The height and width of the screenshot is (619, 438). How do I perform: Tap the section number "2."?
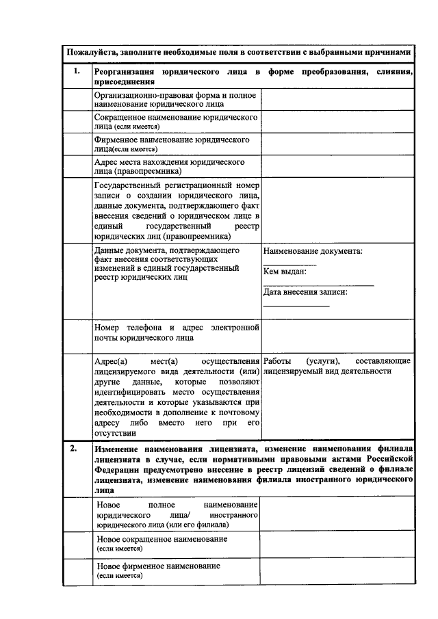(74, 448)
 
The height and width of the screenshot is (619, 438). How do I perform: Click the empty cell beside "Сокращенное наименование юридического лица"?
(337, 122)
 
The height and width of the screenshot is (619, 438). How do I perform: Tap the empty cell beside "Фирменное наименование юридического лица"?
(337, 144)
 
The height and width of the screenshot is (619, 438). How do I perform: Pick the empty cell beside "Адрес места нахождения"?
(337, 167)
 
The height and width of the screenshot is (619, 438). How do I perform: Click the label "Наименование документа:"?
(312, 251)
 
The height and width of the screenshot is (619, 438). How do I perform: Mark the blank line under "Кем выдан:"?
(318, 285)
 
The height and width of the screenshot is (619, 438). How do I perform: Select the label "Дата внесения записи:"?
(305, 292)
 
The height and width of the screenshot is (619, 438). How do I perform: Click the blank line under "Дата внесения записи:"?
(296, 305)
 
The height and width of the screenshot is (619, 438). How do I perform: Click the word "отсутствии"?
(116, 432)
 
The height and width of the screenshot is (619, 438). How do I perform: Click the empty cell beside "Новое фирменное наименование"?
(337, 571)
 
